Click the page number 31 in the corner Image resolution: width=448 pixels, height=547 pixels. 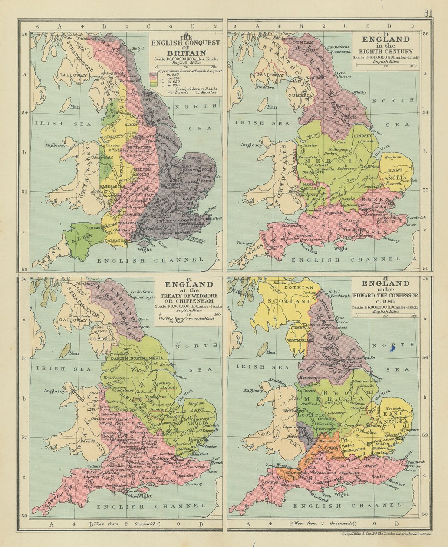428,13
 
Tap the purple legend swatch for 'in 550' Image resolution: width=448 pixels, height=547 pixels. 153,75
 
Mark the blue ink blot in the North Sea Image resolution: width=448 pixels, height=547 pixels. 393,348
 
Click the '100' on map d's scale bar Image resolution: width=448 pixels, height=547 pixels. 414,316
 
